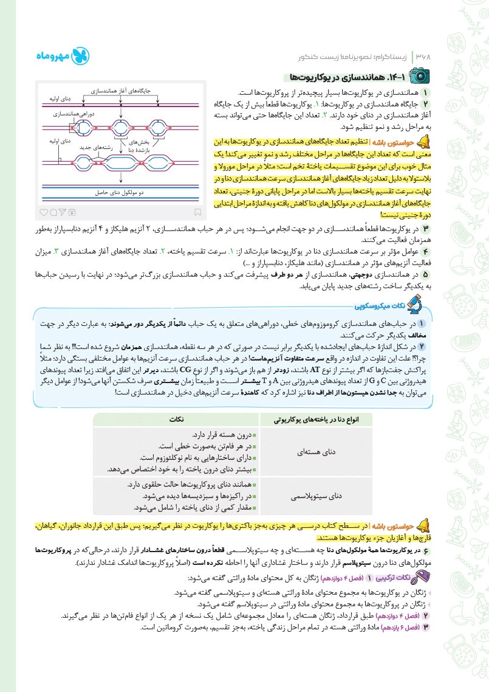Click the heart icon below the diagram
point(43,212)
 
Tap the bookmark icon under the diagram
point(198,212)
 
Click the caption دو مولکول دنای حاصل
point(119,192)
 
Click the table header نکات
point(176,420)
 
